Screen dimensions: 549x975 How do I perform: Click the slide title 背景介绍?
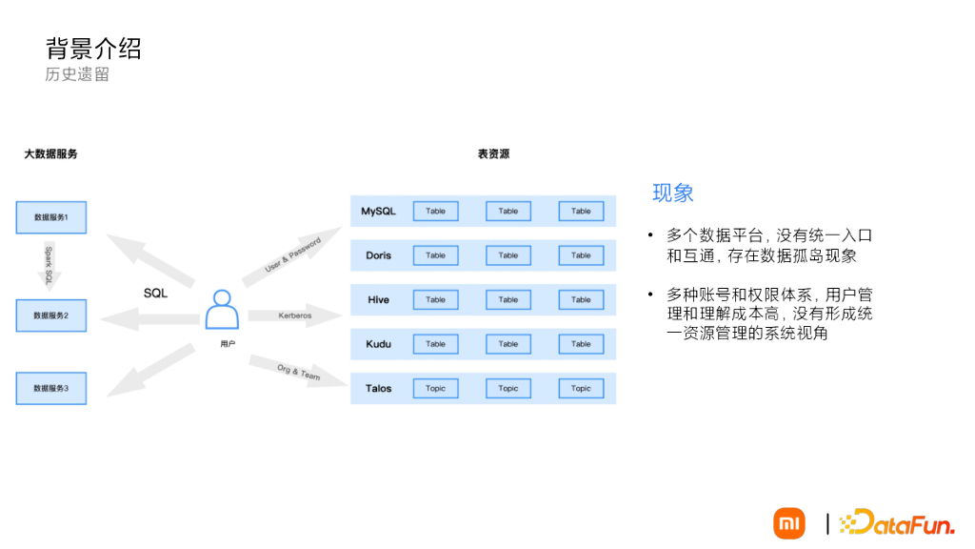click(93, 48)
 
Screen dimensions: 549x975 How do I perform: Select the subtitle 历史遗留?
click(77, 74)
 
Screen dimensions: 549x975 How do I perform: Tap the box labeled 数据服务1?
click(50, 217)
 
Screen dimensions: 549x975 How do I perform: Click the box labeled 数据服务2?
click(50, 315)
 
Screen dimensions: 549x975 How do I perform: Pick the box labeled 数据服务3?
click(50, 388)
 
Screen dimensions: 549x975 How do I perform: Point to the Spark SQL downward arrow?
click(50, 264)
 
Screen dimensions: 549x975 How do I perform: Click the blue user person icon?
click(222, 310)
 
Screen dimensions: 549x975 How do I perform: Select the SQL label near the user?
click(155, 294)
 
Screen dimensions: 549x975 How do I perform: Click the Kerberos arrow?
click(294, 315)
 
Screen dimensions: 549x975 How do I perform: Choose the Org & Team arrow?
click(296, 371)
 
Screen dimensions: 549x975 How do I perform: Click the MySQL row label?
click(378, 211)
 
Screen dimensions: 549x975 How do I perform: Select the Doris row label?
click(378, 255)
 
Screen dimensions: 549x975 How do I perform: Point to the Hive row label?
click(378, 299)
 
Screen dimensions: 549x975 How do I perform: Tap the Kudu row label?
click(378, 344)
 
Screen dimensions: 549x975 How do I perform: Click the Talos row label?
click(378, 388)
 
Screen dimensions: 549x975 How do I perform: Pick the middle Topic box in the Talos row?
click(508, 388)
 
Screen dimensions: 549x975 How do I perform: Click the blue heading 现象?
click(672, 193)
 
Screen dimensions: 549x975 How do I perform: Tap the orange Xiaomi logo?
click(788, 523)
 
